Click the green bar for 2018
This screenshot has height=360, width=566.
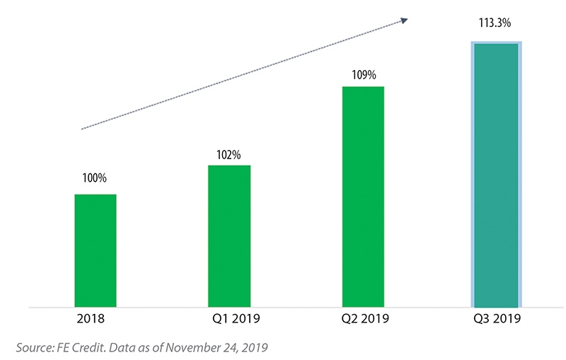[95, 251]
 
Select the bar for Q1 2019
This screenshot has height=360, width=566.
[229, 237]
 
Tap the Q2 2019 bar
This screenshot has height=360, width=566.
[363, 197]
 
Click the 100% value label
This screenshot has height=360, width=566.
[95, 179]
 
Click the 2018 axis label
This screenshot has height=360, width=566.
[93, 318]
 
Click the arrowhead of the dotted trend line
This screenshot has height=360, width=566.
[405, 21]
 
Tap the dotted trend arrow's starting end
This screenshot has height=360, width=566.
[83, 129]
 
